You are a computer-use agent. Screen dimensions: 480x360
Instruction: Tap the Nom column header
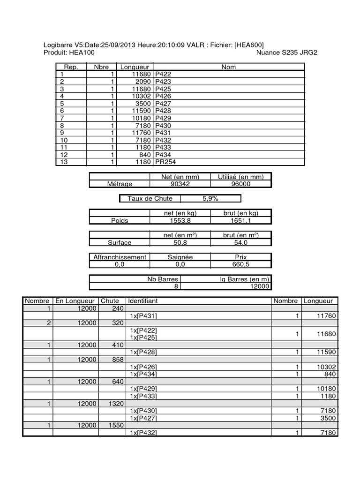pos(228,67)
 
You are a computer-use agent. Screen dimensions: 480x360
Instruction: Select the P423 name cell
pos(163,82)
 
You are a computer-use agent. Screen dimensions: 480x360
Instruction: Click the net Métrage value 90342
pos(180,184)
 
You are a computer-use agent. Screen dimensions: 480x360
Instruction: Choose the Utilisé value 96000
pos(240,184)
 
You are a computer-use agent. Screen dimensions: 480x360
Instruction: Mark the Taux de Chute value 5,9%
pos(210,199)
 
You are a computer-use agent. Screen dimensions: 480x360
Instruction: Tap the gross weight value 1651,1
pos(240,220)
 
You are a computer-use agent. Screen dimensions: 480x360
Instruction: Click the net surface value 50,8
pos(180,242)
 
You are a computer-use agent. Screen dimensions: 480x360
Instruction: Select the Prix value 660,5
pos(240,264)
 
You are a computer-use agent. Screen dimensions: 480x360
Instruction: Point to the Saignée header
pos(180,257)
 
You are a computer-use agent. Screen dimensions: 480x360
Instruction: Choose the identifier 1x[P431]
pos(143,316)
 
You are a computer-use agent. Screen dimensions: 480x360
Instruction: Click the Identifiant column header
pos(143,300)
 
